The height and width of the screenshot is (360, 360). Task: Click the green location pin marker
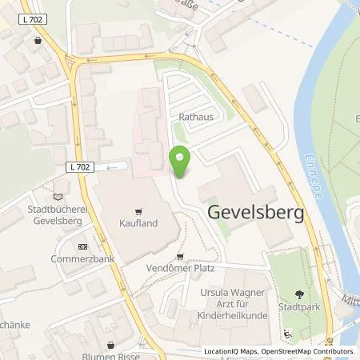181,162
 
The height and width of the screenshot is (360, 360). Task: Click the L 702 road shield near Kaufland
77,166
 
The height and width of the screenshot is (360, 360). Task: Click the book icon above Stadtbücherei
55,195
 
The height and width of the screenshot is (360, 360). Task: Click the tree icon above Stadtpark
299,293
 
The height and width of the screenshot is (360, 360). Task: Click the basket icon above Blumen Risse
110,344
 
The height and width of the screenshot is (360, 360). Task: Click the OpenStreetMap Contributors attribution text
307,351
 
